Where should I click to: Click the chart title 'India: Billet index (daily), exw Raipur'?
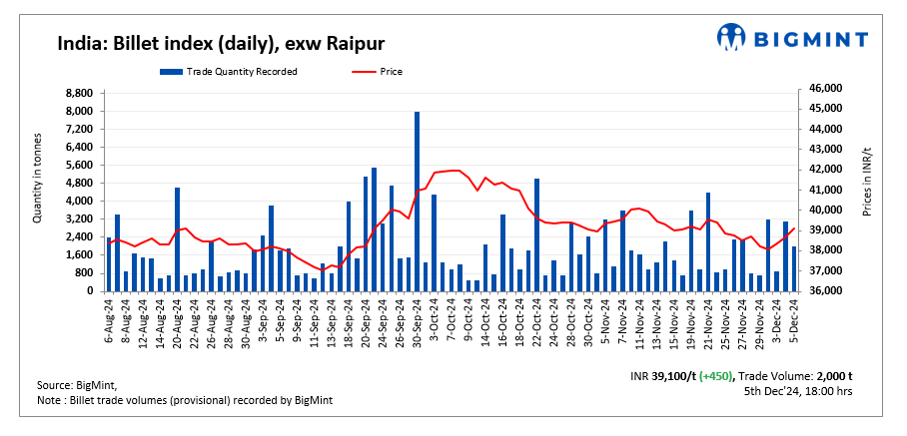(x=221, y=43)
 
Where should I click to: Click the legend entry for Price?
(x=381, y=71)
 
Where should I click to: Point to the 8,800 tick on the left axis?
(x=79, y=93)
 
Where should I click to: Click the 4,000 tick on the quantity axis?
(x=79, y=201)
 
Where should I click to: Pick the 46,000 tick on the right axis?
(x=822, y=89)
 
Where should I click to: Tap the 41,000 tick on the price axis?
(x=822, y=190)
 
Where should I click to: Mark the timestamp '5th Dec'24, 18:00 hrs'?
(x=798, y=391)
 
